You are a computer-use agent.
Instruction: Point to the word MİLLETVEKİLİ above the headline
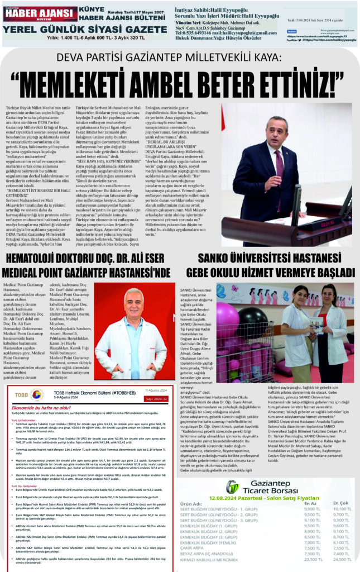216,57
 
